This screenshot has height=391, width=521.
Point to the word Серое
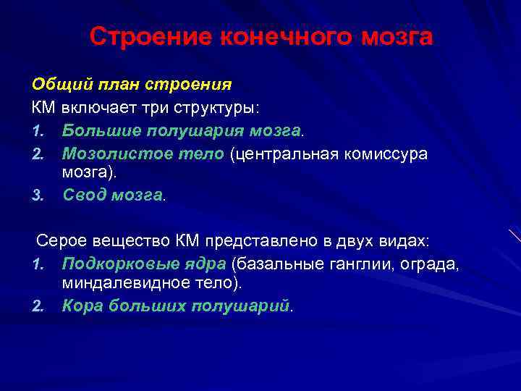coord(60,240)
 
